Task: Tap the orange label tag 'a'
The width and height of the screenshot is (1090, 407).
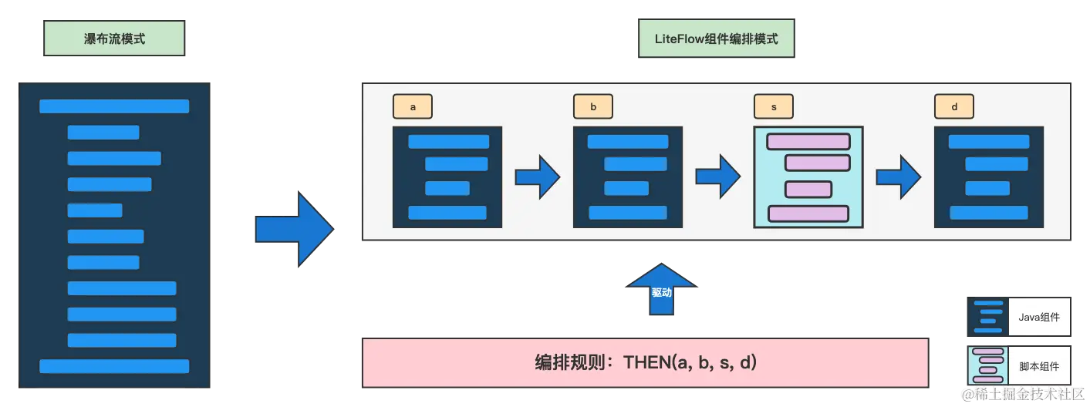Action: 413,107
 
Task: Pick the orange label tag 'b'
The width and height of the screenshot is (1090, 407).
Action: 593,107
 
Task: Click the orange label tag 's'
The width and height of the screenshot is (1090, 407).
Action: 773,107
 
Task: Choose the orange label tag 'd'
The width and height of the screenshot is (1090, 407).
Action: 954,107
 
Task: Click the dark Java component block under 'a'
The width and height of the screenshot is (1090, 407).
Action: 447,177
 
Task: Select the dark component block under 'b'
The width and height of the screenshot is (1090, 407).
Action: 627,177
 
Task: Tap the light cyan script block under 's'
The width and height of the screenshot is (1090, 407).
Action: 808,177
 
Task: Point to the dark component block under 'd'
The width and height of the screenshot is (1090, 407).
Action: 988,177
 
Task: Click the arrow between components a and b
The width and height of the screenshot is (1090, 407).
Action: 538,177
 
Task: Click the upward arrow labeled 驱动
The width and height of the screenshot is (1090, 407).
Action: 661,291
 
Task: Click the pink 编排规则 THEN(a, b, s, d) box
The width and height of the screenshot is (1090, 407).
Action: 645,361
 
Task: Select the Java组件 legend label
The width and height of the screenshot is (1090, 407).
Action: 1039,317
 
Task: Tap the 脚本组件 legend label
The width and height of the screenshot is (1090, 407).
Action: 1039,367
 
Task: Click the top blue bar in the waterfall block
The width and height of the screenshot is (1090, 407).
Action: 114,106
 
